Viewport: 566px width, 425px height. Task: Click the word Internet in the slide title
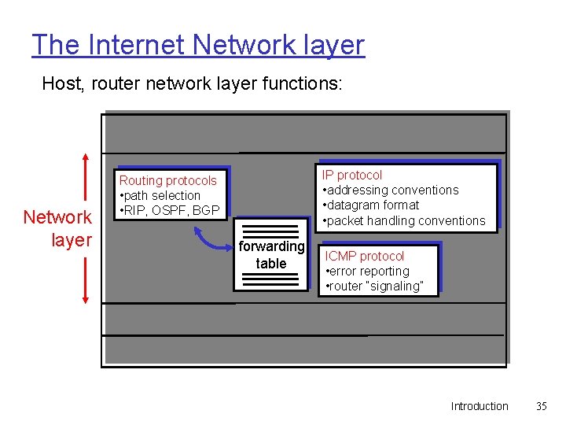coord(139,45)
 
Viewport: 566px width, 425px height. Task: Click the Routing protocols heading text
coord(167,180)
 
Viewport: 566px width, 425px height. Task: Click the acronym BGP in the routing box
coord(206,210)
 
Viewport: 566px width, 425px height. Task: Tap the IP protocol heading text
coord(352,175)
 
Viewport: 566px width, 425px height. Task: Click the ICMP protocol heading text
coord(365,256)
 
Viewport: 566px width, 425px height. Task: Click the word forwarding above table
coord(271,246)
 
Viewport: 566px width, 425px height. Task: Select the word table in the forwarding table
coord(271,264)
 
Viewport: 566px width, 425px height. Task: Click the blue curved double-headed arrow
coord(212,238)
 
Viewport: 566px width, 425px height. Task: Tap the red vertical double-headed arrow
coord(84,228)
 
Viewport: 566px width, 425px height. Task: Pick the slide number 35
coord(541,406)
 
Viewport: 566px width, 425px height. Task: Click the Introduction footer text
coord(480,406)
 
